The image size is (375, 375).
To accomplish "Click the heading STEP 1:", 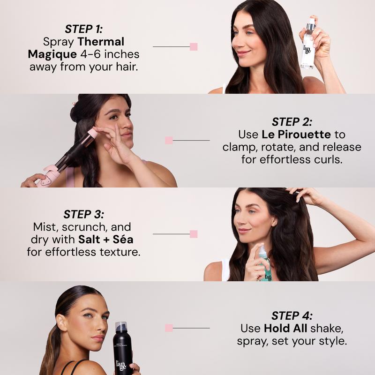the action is tap(83, 29).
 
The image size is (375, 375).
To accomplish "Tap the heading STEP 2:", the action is tap(292, 122).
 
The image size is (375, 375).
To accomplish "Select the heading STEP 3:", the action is tap(83, 214).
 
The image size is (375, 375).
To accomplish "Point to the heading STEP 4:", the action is tap(292, 315).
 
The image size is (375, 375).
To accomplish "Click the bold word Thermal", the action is tap(101, 42).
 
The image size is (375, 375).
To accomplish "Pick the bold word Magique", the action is tap(52, 54).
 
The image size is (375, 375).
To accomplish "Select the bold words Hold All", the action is tap(285, 329).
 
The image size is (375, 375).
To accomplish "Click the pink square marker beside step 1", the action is tap(194, 46).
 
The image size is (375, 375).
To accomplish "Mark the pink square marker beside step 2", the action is tap(169, 140).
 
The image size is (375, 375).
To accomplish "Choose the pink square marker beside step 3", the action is tap(194, 234).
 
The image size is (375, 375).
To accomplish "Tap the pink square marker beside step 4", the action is tap(169, 328).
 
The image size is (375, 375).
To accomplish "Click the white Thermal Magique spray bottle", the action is tap(308, 44).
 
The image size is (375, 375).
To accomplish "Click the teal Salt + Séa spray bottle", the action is tap(265, 263).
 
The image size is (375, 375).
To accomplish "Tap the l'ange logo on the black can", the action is tap(121, 365).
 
